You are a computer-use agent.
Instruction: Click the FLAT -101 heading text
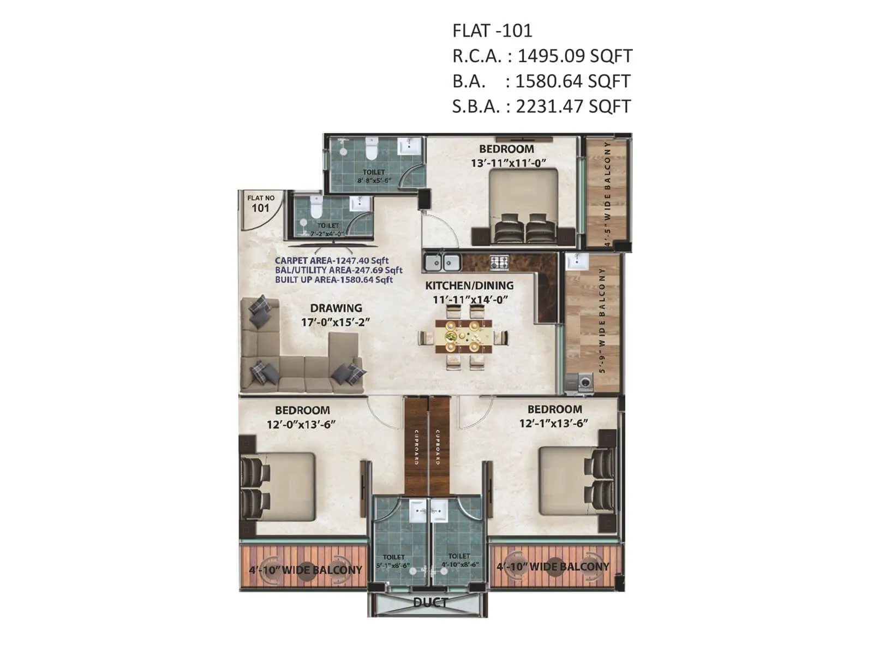click(492, 31)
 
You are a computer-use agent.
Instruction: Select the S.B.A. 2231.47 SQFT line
click(541, 106)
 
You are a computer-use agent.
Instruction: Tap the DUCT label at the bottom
click(430, 603)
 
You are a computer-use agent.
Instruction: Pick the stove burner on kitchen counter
click(499, 262)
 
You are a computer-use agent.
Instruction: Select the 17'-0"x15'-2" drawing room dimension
click(336, 322)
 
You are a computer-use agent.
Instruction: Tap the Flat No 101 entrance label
click(261, 204)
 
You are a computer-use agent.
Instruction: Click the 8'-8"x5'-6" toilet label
click(374, 180)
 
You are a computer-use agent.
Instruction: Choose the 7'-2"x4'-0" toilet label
click(328, 233)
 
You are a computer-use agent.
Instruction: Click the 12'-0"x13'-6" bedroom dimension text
click(301, 424)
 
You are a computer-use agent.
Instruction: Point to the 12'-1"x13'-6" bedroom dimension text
click(553, 423)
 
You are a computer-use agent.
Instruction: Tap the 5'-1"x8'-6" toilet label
click(393, 565)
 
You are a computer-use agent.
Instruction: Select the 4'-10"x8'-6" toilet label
click(459, 564)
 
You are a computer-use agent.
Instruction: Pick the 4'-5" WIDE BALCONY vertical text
click(608, 194)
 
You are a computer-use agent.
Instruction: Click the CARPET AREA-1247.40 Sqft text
click(332, 261)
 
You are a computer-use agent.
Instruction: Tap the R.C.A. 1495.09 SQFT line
click(542, 56)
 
